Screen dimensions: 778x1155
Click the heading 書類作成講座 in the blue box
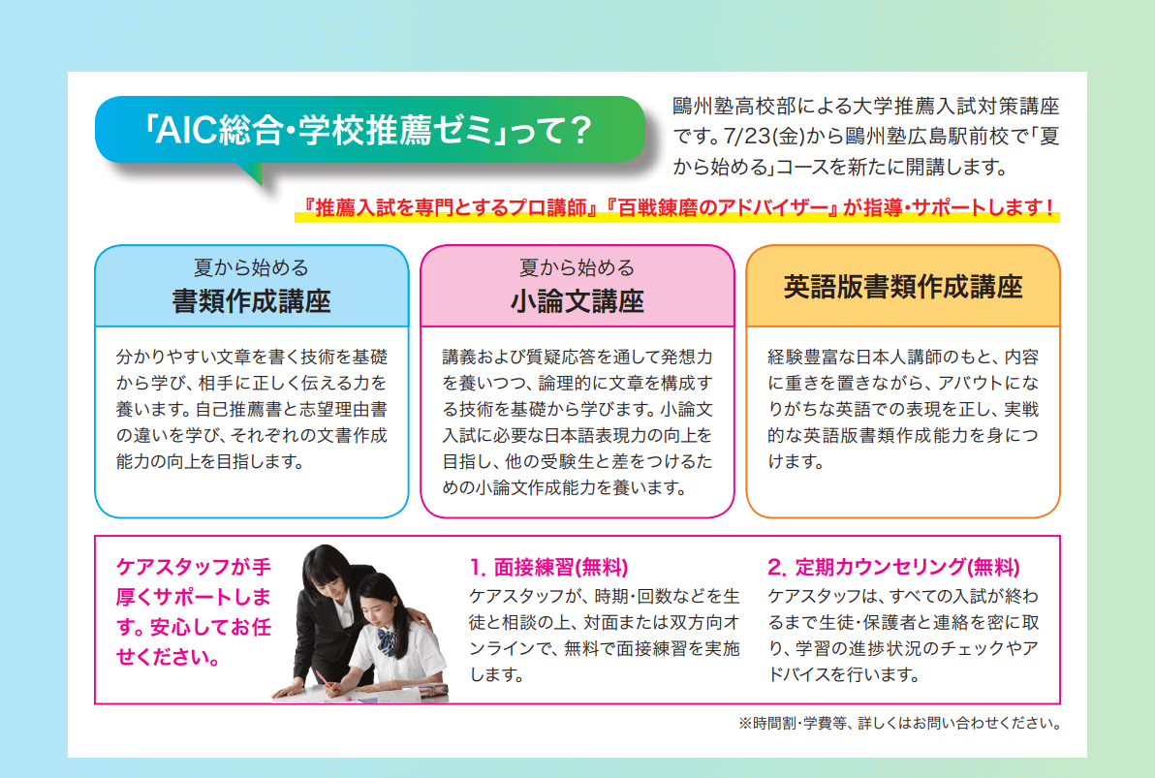[x=251, y=301]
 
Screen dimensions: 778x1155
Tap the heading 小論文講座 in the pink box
[x=577, y=301]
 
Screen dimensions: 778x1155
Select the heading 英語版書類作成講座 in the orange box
[x=903, y=288]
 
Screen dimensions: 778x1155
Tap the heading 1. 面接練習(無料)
[x=549, y=567]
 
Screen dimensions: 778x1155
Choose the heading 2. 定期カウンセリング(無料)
[x=893, y=567]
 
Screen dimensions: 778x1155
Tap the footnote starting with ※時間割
[x=898, y=723]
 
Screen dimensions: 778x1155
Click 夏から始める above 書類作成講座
[x=251, y=267]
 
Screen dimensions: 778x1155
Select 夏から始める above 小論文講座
[x=577, y=267]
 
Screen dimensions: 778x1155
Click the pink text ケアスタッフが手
[x=193, y=567]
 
